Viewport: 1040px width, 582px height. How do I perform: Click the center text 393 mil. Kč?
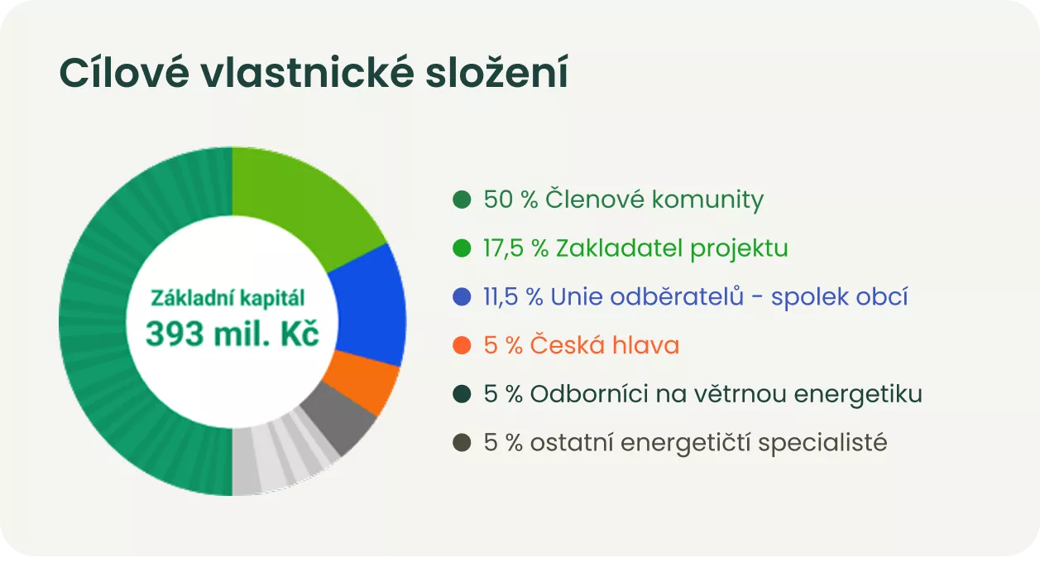(232, 333)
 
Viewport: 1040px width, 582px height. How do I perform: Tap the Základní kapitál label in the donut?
(228, 298)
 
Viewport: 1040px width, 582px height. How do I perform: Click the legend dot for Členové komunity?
(462, 200)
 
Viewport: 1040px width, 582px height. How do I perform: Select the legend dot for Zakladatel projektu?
(462, 248)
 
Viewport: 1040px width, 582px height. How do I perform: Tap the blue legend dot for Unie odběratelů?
(462, 296)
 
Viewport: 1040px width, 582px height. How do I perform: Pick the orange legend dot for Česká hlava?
(462, 345)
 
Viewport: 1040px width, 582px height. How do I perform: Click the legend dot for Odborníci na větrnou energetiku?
(462, 394)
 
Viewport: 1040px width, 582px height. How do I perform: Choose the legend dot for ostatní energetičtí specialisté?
(462, 443)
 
